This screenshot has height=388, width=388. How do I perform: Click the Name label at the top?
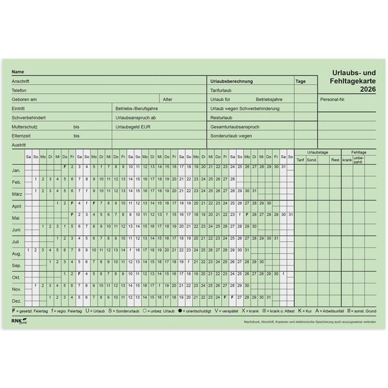(17, 72)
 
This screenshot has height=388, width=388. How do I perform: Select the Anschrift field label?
(21, 81)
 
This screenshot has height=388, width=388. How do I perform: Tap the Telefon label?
(19, 91)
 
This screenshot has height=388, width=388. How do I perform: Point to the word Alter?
(167, 100)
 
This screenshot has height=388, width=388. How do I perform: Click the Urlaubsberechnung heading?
(231, 81)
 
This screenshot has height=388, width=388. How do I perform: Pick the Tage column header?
(301, 81)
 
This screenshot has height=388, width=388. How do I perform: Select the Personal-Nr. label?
(333, 100)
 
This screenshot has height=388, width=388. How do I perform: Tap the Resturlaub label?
(221, 118)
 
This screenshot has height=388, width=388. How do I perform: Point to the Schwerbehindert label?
(28, 118)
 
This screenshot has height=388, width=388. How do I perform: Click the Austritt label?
(19, 145)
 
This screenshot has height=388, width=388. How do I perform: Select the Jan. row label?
(17, 170)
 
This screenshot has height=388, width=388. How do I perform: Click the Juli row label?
(16, 242)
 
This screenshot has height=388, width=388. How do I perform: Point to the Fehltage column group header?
(359, 151)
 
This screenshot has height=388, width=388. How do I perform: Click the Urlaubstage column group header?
(318, 151)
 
